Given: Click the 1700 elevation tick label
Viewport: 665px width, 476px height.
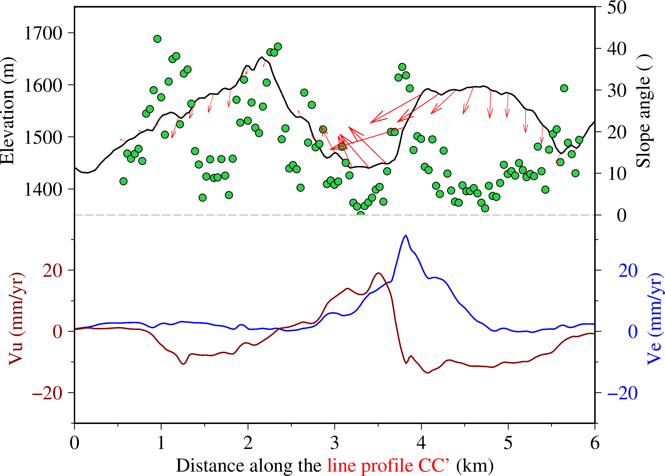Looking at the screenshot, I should (43, 33).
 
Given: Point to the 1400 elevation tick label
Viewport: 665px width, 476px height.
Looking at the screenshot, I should (43, 190).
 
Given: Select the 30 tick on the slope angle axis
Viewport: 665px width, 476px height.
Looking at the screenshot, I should (617, 90).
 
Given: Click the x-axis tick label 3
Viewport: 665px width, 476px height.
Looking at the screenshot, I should (335, 443).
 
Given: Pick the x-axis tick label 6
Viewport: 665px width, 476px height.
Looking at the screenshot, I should (595, 443).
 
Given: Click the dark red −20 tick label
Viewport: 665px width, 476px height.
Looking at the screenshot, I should (47, 393).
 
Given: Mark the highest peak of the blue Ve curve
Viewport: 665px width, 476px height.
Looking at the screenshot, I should (406, 235).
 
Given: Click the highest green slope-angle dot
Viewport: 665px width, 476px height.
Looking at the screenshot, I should (157, 39).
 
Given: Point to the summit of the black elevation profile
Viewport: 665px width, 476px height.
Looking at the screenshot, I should (262, 57).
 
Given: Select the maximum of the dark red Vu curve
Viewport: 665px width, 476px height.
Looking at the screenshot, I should (379, 273).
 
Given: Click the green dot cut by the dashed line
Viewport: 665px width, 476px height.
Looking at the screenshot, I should (361, 215).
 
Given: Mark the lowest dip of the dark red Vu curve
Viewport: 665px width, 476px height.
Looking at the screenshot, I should (428, 373).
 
